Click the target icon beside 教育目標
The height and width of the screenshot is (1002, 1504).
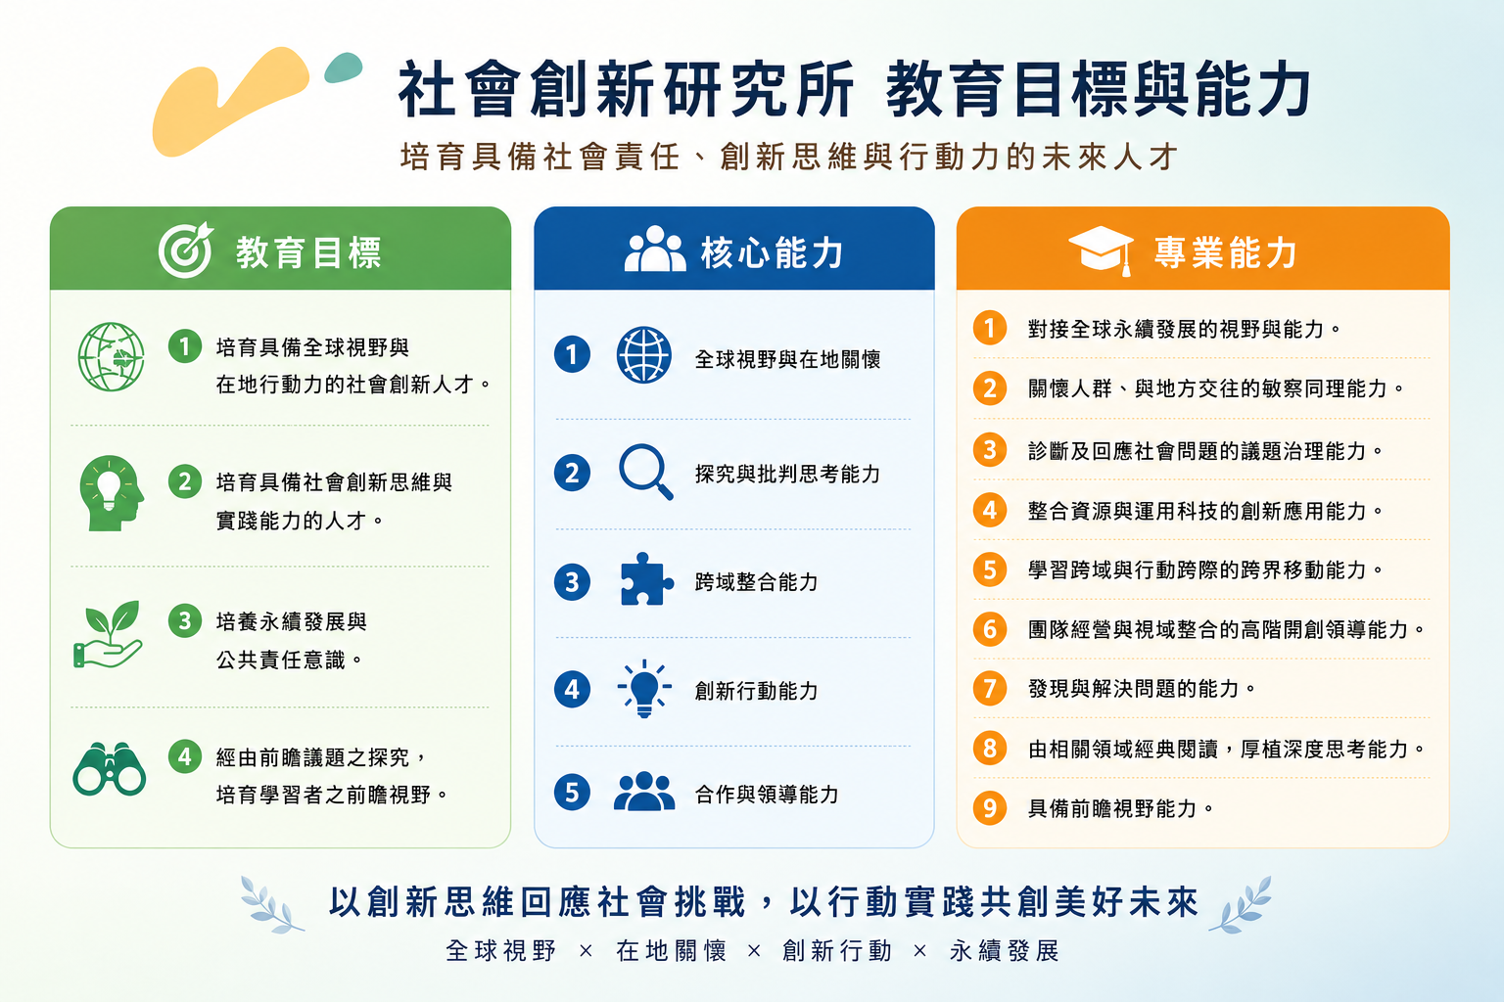[x=185, y=250]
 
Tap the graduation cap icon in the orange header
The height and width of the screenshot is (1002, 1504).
[x=1102, y=250]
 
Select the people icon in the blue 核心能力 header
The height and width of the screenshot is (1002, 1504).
[x=655, y=249]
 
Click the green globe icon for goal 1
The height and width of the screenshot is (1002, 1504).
[x=111, y=357]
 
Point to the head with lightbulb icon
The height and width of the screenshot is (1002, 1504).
[x=112, y=493]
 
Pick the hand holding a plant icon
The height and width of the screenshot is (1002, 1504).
[x=108, y=634]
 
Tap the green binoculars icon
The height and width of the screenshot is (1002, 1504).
[x=109, y=769]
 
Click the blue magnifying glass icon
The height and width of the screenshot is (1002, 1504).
[x=645, y=471]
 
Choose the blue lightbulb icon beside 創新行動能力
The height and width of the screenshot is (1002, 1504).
[x=644, y=689]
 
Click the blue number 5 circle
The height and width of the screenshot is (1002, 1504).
[x=572, y=792]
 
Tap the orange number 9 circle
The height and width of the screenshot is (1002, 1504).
[x=990, y=807]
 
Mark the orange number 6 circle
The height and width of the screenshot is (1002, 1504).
[x=990, y=629]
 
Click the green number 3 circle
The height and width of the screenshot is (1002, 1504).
[x=185, y=620]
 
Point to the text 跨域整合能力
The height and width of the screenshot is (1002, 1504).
[x=757, y=582]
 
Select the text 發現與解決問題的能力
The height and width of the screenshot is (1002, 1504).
[x=1133, y=689]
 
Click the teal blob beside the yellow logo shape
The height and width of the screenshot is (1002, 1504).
[x=343, y=68]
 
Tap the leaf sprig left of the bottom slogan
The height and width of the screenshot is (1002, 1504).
[x=271, y=905]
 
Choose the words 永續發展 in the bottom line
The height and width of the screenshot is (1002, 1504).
[x=1005, y=951]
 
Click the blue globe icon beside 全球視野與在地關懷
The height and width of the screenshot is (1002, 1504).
[x=644, y=354]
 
